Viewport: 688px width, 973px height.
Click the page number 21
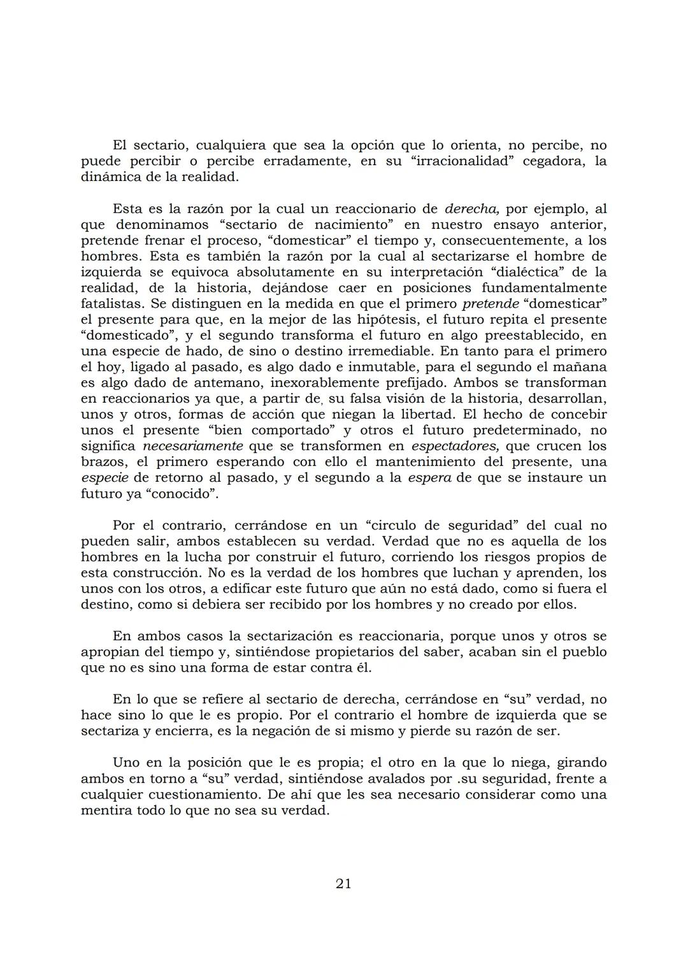coord(343,883)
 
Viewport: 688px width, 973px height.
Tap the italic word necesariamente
coord(192,446)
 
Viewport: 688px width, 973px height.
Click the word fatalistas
coord(113,304)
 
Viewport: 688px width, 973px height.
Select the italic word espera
coord(430,478)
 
